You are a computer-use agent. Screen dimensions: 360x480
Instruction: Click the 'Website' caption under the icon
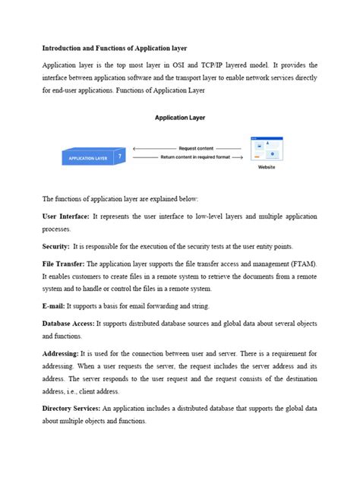tap(266, 166)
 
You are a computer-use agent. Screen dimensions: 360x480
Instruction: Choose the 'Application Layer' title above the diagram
tap(180, 118)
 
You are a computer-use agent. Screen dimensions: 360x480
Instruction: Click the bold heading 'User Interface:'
tap(66, 217)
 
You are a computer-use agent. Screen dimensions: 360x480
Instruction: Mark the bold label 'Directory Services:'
tap(72, 409)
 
